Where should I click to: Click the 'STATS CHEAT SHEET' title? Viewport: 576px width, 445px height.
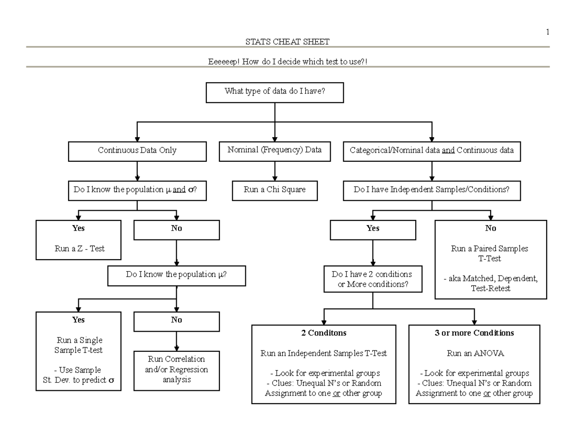tap(287, 42)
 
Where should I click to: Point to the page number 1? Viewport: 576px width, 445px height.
tap(547, 32)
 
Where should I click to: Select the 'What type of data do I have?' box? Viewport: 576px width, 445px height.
tap(275, 92)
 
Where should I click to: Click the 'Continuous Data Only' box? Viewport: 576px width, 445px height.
tap(137, 151)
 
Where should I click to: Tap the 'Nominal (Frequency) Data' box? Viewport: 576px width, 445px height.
tap(275, 150)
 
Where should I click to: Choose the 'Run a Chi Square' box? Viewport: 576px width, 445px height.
tap(275, 190)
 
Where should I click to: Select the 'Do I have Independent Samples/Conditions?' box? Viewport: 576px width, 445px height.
tap(432, 190)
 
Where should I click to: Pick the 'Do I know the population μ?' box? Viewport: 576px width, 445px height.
tap(177, 275)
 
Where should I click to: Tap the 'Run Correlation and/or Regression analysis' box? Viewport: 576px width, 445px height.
tap(177, 370)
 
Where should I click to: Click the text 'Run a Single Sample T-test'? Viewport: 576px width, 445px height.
tap(78, 345)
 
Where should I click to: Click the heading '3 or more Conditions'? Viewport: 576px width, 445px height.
tap(474, 333)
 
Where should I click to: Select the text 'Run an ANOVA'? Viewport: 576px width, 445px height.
tap(474, 353)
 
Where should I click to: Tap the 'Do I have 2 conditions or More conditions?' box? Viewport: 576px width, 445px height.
tap(372, 279)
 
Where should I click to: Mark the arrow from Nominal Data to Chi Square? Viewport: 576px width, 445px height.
tap(275, 171)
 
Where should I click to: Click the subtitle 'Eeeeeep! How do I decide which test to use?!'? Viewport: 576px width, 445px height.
tap(287, 62)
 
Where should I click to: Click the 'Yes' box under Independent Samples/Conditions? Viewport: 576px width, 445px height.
tap(373, 229)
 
